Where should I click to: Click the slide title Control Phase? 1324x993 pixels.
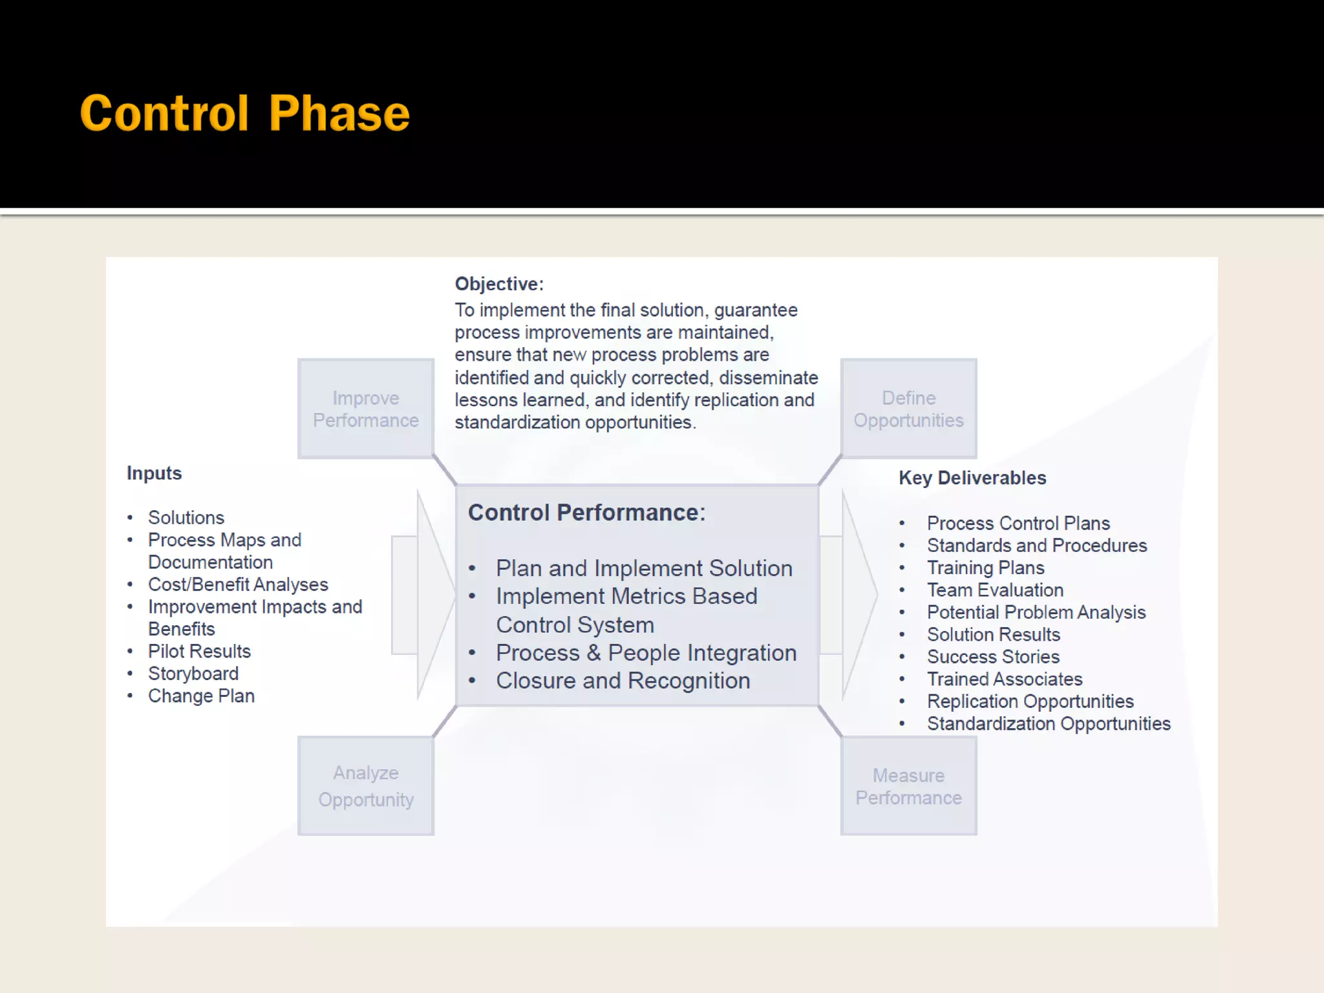pyautogui.click(x=244, y=113)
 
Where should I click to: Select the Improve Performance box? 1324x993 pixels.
pyautogui.click(x=366, y=409)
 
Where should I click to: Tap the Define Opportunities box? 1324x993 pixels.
pyautogui.click(x=908, y=409)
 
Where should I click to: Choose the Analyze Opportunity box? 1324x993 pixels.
pyautogui.click(x=366, y=785)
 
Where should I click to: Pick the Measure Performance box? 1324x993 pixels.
pyautogui.click(x=908, y=785)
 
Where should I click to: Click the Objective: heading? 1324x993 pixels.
pyautogui.click(x=499, y=284)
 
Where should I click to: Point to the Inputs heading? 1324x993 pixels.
pyautogui.click(x=154, y=473)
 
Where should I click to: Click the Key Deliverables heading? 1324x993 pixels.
pyautogui.click(x=972, y=478)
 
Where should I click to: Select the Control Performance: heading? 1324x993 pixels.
pyautogui.click(x=586, y=513)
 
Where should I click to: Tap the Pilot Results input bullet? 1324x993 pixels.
pyautogui.click(x=199, y=651)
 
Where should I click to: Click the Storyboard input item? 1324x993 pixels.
pyautogui.click(x=193, y=674)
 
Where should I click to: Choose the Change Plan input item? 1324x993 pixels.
pyautogui.click(x=201, y=696)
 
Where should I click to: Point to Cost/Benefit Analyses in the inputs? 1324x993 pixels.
pyautogui.click(x=238, y=584)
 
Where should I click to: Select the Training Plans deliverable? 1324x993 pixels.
pyautogui.click(x=985, y=568)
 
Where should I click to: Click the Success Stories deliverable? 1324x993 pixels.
pyautogui.click(x=993, y=657)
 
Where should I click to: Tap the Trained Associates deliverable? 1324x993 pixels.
pyautogui.click(x=1005, y=679)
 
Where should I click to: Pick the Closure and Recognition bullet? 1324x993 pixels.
pyautogui.click(x=623, y=681)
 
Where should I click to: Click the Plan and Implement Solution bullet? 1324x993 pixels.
pyautogui.click(x=644, y=568)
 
